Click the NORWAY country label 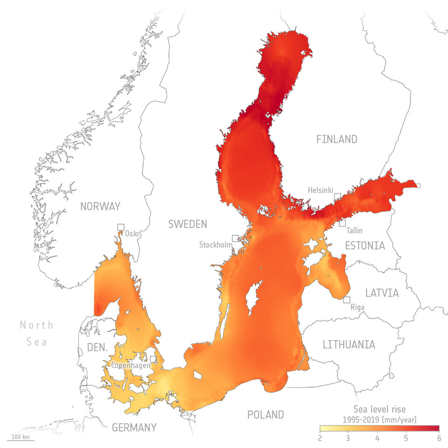(x=100, y=206)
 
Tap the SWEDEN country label (x=188, y=224)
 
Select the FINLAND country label (x=336, y=139)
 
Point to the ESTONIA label (x=365, y=245)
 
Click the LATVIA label (x=382, y=294)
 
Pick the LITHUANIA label (x=349, y=345)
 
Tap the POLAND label (x=266, y=414)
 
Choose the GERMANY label (x=134, y=427)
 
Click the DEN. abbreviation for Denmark (x=98, y=348)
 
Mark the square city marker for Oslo (x=121, y=227)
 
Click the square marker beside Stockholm (x=235, y=238)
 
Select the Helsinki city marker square (x=337, y=196)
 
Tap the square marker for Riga (x=347, y=300)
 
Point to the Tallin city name (x=355, y=231)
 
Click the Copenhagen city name (x=131, y=365)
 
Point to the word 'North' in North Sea (x=36, y=325)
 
